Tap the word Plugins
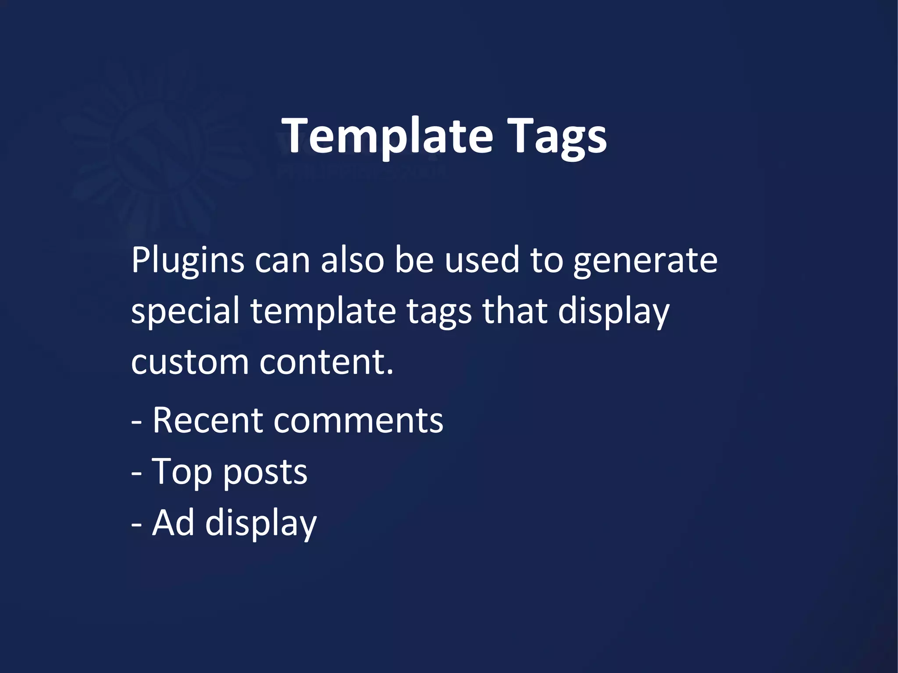[188, 261]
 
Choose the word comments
[358, 421]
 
